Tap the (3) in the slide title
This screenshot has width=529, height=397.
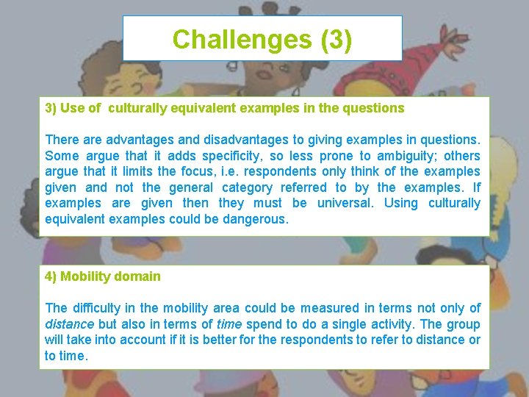coord(337,39)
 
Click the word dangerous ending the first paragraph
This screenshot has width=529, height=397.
coord(251,219)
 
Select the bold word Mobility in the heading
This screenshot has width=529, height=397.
coord(84,276)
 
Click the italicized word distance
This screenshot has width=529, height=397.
coord(69,324)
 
